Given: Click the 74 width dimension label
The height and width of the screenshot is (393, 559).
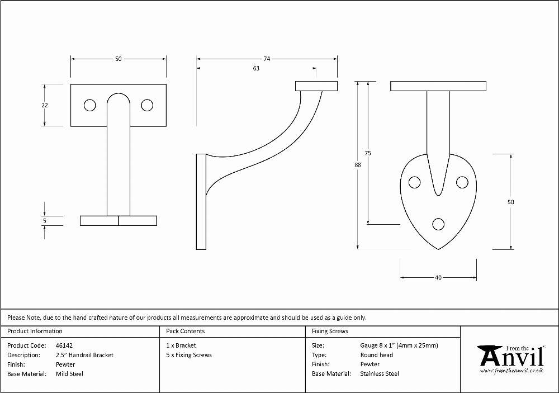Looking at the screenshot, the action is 267,59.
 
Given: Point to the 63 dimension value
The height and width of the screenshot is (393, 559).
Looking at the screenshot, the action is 256,68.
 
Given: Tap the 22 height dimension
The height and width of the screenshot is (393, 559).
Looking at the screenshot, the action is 45,105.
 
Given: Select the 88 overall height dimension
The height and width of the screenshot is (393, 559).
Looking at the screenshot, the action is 358,165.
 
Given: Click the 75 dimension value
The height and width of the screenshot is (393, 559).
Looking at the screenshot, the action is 368,153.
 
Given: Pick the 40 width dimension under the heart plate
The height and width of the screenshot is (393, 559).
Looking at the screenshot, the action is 438,277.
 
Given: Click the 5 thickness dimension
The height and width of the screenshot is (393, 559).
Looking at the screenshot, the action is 45,221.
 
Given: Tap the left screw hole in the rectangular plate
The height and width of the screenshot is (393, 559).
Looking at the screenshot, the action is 90,105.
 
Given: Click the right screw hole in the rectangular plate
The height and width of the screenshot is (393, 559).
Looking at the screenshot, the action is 147,105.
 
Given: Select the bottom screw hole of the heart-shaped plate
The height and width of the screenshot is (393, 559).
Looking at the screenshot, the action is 438,224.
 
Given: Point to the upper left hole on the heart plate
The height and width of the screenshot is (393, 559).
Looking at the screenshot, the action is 414,182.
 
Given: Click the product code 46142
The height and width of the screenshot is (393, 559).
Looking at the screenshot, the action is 64,345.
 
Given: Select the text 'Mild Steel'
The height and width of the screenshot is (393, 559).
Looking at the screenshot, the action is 69,374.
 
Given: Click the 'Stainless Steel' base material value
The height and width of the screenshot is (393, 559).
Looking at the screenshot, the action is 380,374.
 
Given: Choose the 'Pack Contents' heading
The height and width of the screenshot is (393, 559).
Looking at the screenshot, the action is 186,332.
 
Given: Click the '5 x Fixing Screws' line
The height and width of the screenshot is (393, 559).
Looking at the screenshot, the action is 189,355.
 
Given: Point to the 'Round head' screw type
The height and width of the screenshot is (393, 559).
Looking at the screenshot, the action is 377,355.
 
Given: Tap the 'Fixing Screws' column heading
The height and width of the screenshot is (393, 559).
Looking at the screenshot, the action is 330,332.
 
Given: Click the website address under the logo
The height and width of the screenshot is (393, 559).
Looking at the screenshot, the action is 512,371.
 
